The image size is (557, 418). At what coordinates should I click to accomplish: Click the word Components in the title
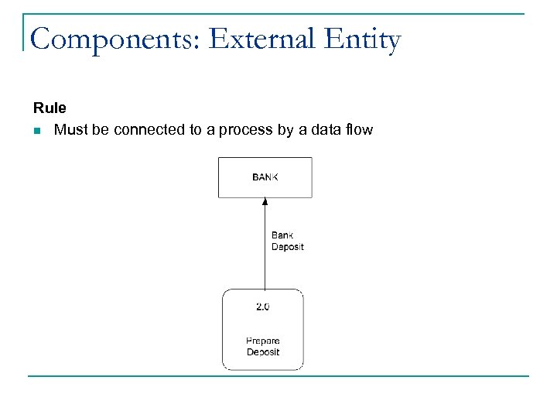click(x=114, y=39)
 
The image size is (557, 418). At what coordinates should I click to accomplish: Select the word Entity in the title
click(x=363, y=40)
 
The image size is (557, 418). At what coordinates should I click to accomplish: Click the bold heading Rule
click(x=50, y=108)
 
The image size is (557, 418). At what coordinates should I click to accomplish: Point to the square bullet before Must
click(x=36, y=131)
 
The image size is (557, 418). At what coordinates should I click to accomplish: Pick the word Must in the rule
click(x=71, y=130)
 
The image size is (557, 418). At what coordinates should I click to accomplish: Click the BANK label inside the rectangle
click(x=265, y=177)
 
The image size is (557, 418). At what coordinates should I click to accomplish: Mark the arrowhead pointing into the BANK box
click(x=265, y=202)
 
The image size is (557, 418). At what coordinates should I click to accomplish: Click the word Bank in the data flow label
click(x=282, y=235)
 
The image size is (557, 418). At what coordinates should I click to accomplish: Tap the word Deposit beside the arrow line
click(x=287, y=247)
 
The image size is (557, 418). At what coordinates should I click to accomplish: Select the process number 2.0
click(x=263, y=307)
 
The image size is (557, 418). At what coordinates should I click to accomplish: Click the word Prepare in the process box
click(x=263, y=341)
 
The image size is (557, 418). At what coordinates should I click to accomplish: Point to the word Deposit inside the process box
click(x=263, y=352)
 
